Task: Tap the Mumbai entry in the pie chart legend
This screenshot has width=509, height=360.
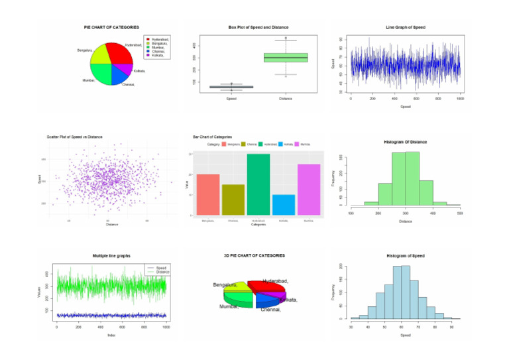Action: [158, 47]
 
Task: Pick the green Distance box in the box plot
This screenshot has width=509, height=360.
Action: [286, 58]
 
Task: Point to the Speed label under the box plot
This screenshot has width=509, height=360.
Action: [231, 99]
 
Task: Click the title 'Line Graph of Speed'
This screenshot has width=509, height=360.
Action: [405, 27]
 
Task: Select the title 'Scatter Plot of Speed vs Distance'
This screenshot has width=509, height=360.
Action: [74, 137]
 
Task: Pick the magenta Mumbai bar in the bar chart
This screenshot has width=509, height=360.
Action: [309, 190]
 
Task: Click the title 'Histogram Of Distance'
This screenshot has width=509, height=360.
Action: [405, 141]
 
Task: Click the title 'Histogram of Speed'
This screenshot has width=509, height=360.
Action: [405, 255]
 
